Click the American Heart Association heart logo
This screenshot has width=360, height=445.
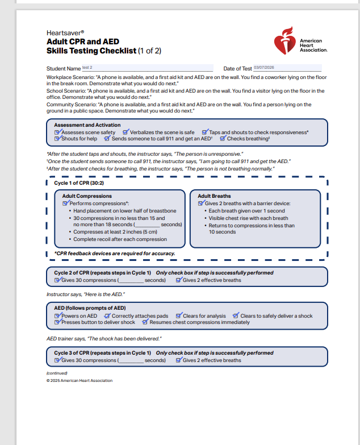coord(285,41)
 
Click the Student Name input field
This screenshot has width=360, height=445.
coord(148,68)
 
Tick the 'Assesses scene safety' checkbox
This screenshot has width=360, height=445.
coord(57,132)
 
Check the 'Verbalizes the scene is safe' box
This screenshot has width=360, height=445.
coord(125,132)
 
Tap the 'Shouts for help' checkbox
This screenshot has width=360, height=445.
coord(57,139)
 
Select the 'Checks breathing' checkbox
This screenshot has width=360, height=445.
coord(223,139)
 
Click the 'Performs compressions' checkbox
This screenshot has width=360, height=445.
coord(65,203)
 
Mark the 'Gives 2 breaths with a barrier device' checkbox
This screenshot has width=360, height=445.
coord(201,203)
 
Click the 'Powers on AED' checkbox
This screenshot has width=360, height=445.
coord(57,316)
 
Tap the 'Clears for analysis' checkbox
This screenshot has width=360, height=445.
coord(179,316)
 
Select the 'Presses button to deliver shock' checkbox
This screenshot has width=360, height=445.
coord(57,322)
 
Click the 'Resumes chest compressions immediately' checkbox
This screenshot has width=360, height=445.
coord(145,322)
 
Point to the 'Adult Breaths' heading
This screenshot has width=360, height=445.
coord(214,196)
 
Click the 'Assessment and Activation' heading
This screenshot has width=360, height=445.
coord(87,125)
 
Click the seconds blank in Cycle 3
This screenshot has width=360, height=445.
coord(132,360)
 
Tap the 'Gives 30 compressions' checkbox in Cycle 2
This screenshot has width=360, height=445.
coord(57,280)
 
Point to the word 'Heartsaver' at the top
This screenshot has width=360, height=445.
coord(65,34)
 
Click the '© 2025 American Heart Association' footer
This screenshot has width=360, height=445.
coord(79,381)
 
